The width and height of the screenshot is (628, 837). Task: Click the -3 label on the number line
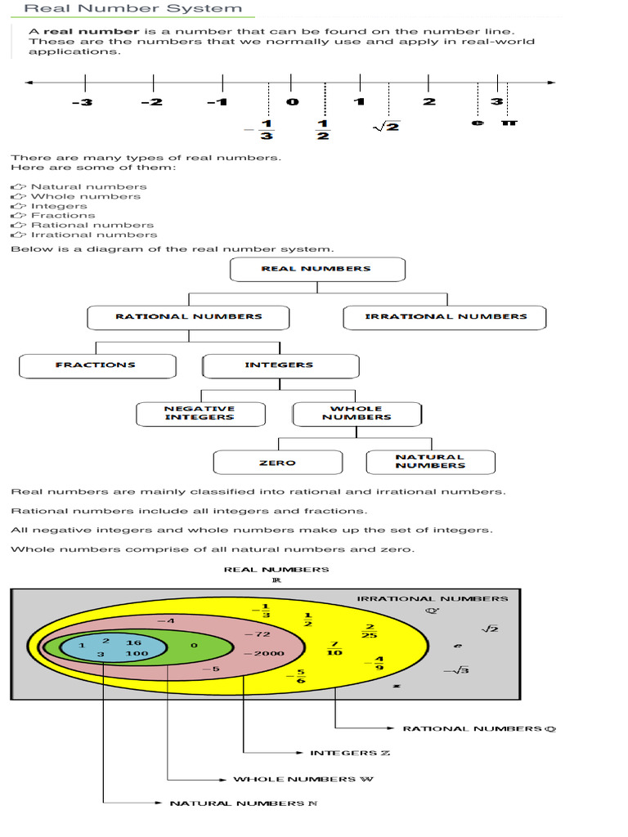tap(82, 102)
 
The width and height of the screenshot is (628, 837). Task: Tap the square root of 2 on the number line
tap(386, 126)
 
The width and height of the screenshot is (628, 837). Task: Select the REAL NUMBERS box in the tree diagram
tap(316, 269)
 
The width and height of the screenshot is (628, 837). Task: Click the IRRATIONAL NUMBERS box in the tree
tap(445, 317)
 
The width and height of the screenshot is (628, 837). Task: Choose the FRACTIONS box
tap(96, 365)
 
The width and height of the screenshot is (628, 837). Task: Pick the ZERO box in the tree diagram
tap(277, 463)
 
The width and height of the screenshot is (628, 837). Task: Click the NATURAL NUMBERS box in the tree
tap(430, 462)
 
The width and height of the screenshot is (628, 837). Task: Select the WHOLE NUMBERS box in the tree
tap(357, 413)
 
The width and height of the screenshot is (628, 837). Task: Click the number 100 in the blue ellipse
tap(137, 654)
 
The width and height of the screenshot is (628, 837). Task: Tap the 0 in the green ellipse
tap(193, 645)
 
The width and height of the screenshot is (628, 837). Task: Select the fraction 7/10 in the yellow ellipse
tap(334, 648)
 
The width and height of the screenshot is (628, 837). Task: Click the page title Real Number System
tap(132, 9)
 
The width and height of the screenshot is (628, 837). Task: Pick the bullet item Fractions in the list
tap(63, 216)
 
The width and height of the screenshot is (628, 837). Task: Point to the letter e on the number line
tap(477, 122)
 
